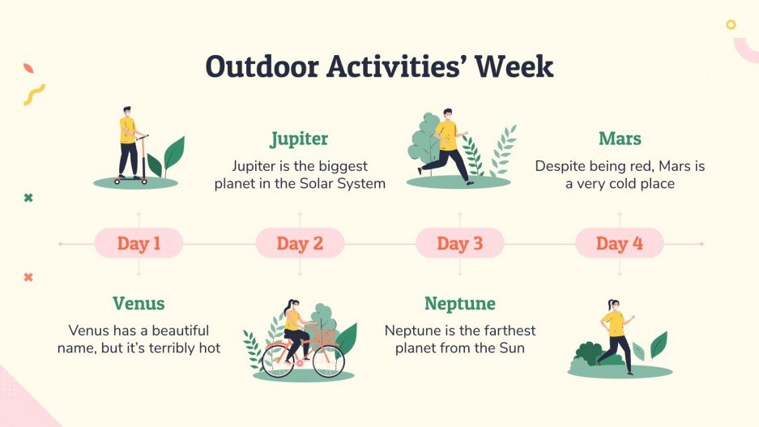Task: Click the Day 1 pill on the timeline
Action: tap(139, 243)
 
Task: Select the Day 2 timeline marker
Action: tap(300, 243)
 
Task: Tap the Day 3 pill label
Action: tap(459, 243)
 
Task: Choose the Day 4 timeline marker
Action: tap(620, 243)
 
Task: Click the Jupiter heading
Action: tap(299, 139)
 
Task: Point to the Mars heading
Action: tap(620, 139)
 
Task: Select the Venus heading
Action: tap(139, 304)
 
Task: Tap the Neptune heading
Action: tap(460, 304)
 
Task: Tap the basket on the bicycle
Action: tap(326, 335)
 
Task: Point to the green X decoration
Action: tap(28, 198)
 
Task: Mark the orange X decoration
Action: tap(28, 277)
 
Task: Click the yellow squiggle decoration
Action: tap(33, 95)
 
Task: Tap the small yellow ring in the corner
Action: tap(731, 24)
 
